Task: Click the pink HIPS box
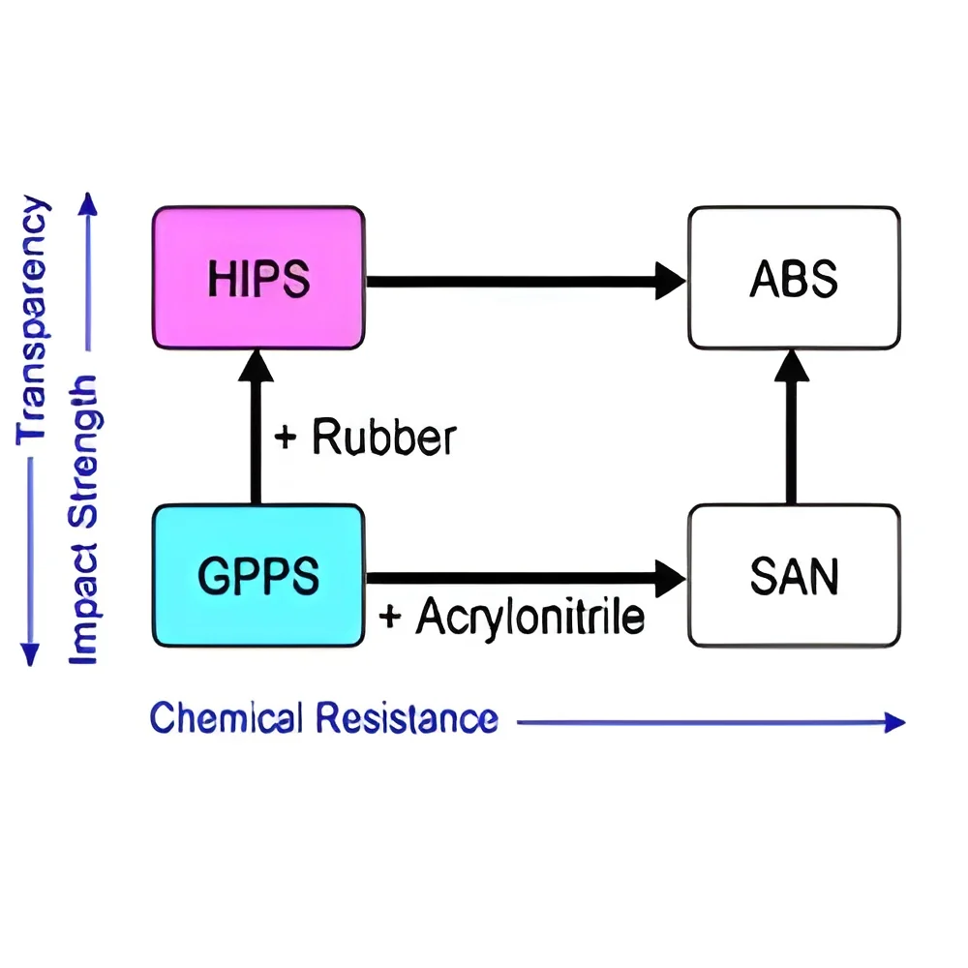tap(258, 278)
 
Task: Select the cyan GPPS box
tap(258, 575)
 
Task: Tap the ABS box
tap(795, 278)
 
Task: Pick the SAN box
tap(795, 575)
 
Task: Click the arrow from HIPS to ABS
tap(526, 282)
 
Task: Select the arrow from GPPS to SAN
tap(526, 579)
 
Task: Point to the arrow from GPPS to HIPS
tap(256, 427)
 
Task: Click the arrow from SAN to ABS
tap(792, 427)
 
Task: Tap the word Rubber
tap(384, 437)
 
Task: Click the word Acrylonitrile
tap(530, 616)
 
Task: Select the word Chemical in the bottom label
tap(226, 717)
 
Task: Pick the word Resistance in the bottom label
tap(408, 718)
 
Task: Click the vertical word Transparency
tap(32, 319)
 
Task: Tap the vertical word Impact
tap(83, 604)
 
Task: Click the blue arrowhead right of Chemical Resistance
tap(894, 722)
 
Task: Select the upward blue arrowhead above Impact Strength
tap(88, 204)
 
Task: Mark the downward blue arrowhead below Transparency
tap(30, 654)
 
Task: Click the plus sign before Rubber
tap(286, 438)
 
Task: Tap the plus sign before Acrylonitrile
tap(390, 616)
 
